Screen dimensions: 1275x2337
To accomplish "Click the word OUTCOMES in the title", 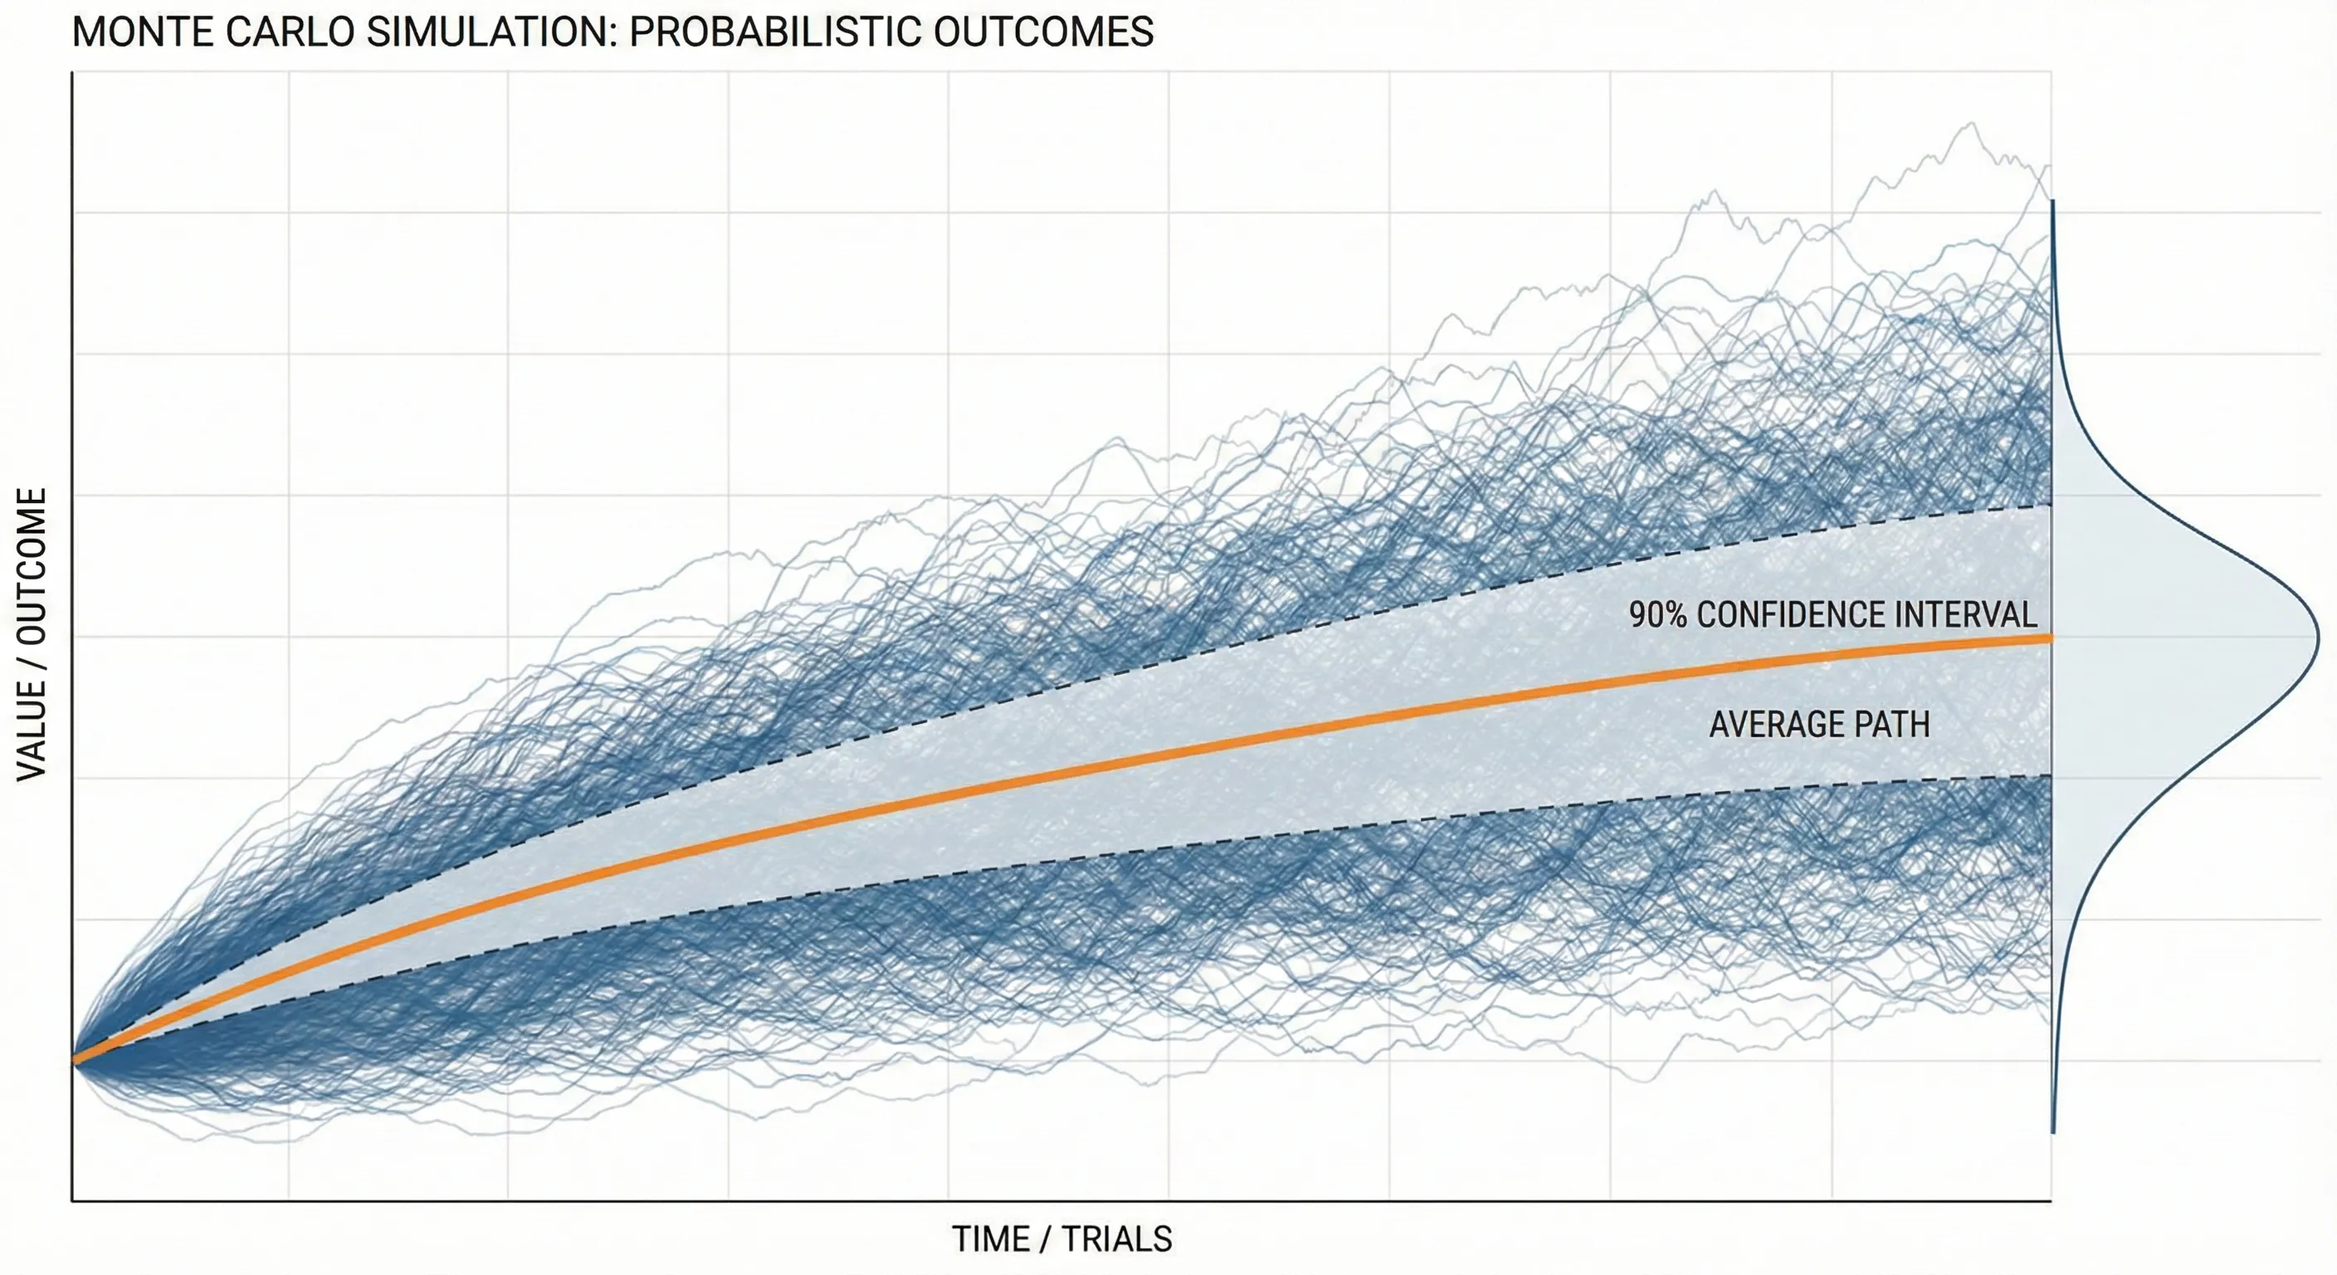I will tap(1043, 32).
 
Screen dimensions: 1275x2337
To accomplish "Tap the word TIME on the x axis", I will tap(991, 1238).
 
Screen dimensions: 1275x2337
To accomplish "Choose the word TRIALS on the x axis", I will tap(1117, 1238).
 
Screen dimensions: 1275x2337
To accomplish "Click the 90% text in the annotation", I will tap(1657, 615).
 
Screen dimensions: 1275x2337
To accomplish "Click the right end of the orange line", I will tap(2048, 638).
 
